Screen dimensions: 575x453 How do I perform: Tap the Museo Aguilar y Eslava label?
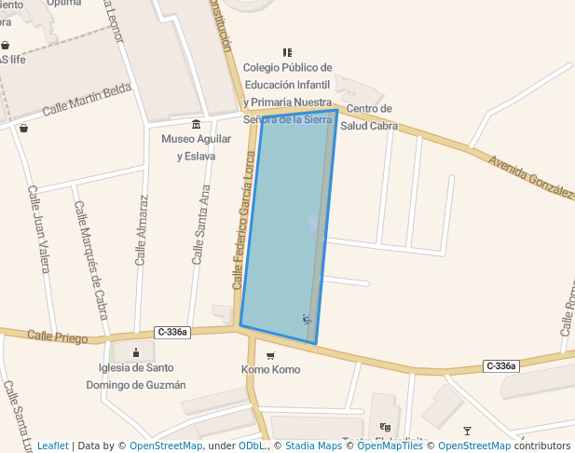click(195, 147)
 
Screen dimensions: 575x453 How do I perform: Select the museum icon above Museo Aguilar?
click(196, 125)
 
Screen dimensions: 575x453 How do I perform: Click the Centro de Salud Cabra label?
click(369, 117)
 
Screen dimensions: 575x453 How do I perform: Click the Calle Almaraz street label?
click(142, 230)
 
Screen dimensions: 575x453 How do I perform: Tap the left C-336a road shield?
click(173, 332)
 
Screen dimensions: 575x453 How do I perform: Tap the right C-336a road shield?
click(500, 366)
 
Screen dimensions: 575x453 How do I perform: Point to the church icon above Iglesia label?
click(137, 352)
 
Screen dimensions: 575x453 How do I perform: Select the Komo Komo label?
click(271, 370)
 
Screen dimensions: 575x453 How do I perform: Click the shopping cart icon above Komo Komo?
click(271, 355)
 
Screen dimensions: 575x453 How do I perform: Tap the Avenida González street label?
click(532, 176)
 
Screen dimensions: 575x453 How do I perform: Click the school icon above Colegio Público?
click(287, 52)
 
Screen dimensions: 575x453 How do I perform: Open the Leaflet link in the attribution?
click(52, 446)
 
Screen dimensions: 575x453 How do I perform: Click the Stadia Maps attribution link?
click(317, 446)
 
